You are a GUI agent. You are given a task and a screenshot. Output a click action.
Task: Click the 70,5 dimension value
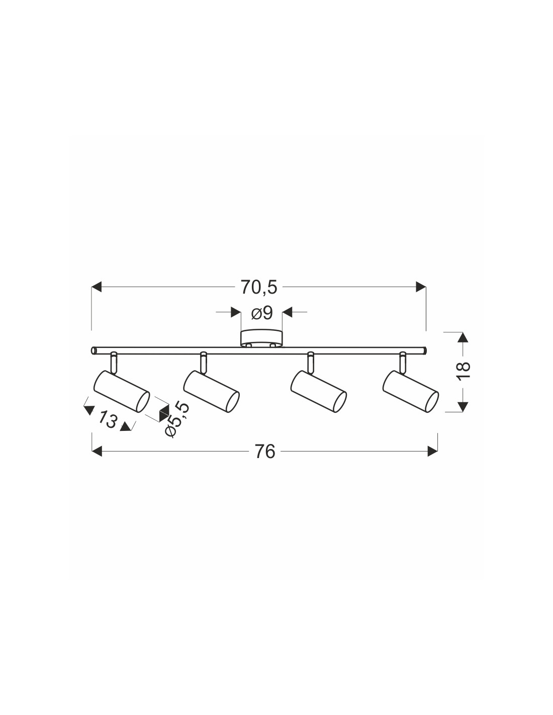tap(259, 287)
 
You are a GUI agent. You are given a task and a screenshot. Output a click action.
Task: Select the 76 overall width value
tap(265, 452)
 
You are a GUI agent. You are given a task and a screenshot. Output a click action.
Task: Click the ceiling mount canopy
tap(261, 338)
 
